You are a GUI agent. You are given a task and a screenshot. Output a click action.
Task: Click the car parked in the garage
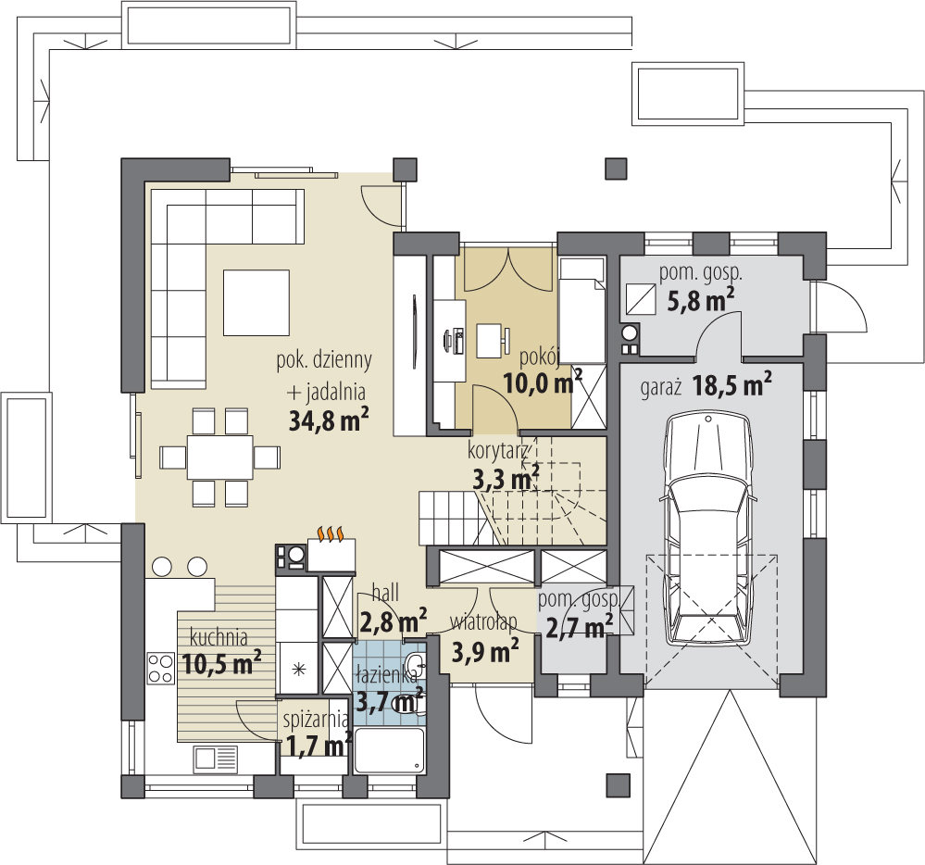pyautogui.click(x=708, y=529)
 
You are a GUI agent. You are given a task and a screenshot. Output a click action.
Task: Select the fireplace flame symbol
pyautogui.click(x=331, y=534)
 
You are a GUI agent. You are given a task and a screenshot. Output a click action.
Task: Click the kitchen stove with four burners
pyautogui.click(x=160, y=669)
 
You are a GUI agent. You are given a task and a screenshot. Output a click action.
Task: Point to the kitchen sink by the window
pyautogui.click(x=216, y=759)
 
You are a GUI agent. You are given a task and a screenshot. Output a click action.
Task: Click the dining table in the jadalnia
pyautogui.click(x=220, y=457)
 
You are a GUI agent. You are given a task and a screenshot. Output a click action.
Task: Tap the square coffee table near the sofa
pyautogui.click(x=256, y=302)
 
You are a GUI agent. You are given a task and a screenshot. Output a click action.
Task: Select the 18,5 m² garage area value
pyautogui.click(x=732, y=385)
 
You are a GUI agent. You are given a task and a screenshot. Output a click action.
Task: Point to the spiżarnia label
pyautogui.click(x=315, y=720)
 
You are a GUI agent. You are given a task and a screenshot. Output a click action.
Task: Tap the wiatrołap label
pyautogui.click(x=483, y=622)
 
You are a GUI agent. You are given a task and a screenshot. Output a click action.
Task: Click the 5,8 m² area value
pyautogui.click(x=701, y=301)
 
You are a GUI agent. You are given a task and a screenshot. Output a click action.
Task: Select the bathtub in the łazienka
pyautogui.click(x=389, y=751)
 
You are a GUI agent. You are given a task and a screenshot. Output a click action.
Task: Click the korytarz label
pyautogui.click(x=497, y=451)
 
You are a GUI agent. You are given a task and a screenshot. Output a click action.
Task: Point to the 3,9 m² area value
pyautogui.click(x=485, y=651)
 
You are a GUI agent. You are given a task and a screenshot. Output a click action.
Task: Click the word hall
pyautogui.click(x=385, y=593)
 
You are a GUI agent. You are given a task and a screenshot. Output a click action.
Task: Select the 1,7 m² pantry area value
pyautogui.click(x=319, y=745)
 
